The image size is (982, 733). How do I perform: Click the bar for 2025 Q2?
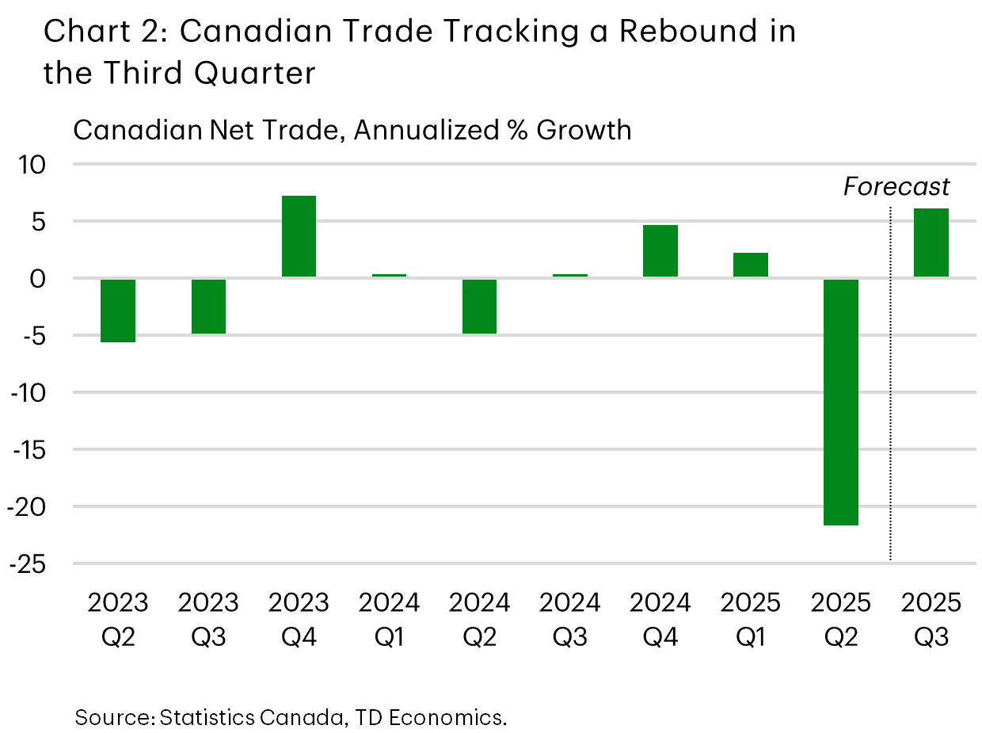point(841,401)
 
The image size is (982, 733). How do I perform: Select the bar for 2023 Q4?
point(299,236)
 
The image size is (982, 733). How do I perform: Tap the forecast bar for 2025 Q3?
point(931,242)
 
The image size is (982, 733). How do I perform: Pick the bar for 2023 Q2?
point(118,310)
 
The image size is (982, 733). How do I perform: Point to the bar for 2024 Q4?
point(660,251)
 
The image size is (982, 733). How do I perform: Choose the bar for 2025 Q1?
point(751,265)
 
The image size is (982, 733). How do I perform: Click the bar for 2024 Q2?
point(479,306)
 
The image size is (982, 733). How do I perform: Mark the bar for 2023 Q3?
point(208,306)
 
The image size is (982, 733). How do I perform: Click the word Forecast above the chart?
point(896,187)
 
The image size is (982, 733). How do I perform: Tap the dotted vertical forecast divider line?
point(891,380)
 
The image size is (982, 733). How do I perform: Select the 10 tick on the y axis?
point(36,166)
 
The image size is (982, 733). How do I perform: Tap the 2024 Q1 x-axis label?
point(389,619)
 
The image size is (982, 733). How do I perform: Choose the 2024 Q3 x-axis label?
point(569,619)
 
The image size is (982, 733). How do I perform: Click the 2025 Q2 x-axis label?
point(841,619)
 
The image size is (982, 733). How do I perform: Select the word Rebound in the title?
point(676,32)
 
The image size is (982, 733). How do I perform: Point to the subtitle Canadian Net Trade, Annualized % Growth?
point(352,129)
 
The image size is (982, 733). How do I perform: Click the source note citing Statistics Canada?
point(291,717)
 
